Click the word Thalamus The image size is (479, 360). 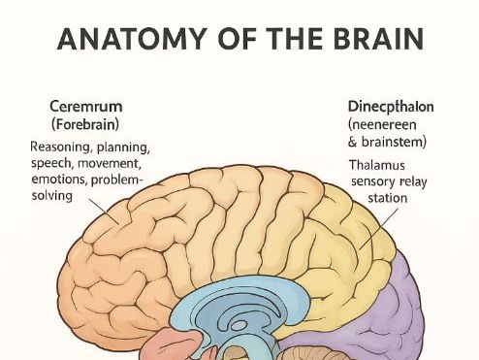tap(377, 165)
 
